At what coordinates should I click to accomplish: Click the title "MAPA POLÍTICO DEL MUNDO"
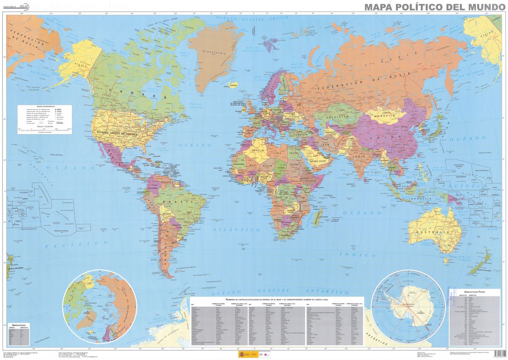pos(434,7)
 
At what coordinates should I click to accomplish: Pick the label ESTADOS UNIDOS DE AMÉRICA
pos(118,134)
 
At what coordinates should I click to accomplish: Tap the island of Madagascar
pos(315,219)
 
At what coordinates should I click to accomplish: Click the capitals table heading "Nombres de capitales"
pos(277,300)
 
